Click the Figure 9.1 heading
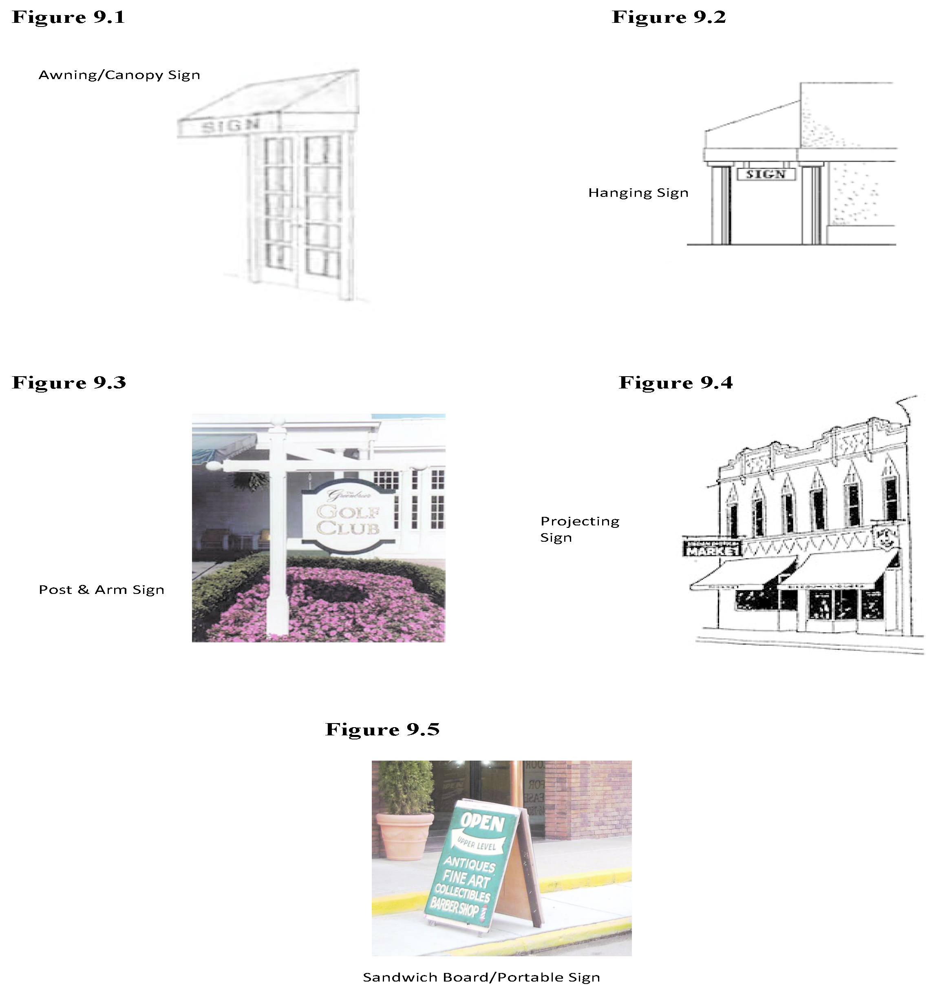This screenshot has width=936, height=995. [68, 17]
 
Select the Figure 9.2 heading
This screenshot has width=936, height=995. [669, 17]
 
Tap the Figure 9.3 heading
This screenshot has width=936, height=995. [69, 382]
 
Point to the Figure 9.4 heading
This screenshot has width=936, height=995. [676, 382]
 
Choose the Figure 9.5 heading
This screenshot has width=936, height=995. [382, 729]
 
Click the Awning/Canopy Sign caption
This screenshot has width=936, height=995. [119, 75]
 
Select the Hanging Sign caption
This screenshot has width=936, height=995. [638, 193]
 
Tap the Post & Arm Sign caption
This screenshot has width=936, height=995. [102, 589]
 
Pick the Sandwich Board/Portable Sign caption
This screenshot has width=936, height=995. [481, 977]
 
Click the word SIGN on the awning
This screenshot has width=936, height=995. [230, 126]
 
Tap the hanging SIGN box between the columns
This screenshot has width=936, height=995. [766, 174]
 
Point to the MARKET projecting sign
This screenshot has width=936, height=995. [712, 549]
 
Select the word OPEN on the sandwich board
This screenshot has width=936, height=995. [483, 822]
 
